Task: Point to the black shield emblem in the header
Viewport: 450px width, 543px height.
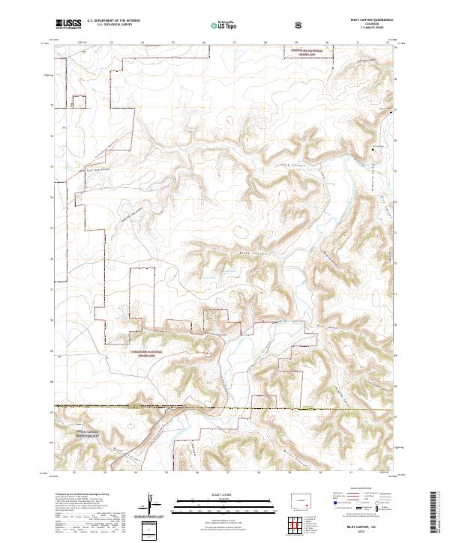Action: (299, 25)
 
